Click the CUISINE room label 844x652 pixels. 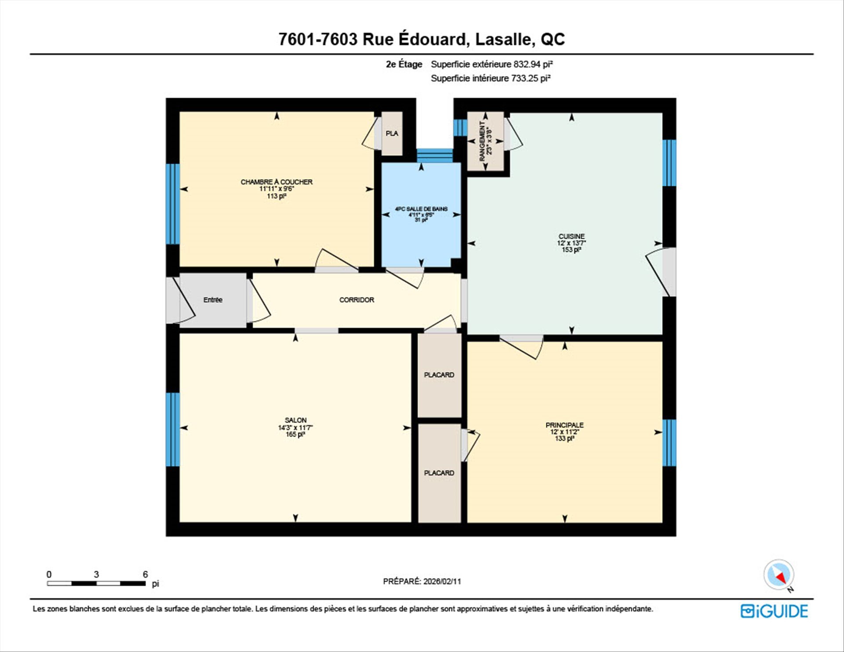571,236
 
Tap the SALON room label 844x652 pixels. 295,420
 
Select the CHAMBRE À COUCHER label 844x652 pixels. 276,182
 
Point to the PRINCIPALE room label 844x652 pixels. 564,425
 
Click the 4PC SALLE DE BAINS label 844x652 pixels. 421,209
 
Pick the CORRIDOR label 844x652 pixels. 357,300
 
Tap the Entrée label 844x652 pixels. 213,300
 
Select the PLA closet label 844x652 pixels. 392,133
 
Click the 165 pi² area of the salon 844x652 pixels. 295,434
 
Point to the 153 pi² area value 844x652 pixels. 571,250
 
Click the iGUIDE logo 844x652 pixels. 774,611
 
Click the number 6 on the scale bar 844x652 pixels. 145,574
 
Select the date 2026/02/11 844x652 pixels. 442,581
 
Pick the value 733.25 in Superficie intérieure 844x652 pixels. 525,78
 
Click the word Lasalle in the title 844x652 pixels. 505,39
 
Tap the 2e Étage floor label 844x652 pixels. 404,64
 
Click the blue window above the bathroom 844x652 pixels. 434,156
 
